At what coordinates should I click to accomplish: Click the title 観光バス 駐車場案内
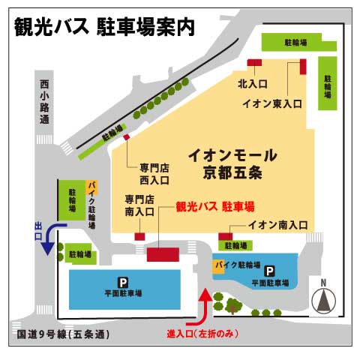pyautogui.click(x=104, y=26)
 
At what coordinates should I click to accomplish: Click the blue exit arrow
pyautogui.click(x=53, y=238)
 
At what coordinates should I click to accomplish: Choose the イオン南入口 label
pyautogui.click(x=278, y=223)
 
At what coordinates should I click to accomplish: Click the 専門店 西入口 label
pyautogui.click(x=154, y=174)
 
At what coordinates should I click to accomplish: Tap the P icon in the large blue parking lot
pyautogui.click(x=124, y=283)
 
